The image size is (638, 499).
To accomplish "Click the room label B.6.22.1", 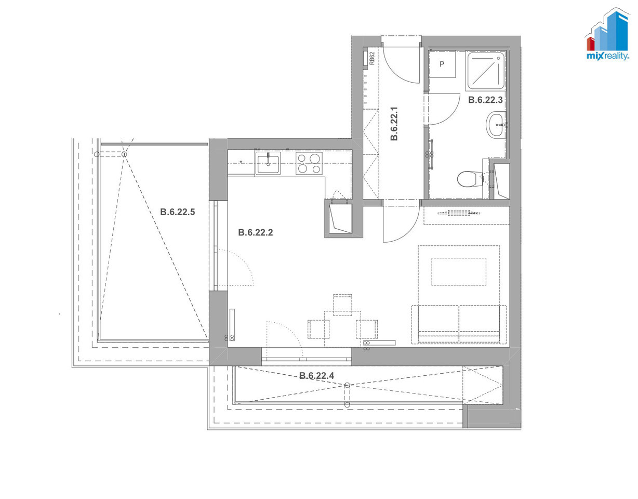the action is coord(394,124).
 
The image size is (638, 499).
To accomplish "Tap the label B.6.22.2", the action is coord(256,233).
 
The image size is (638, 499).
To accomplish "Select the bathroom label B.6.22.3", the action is coord(485,100).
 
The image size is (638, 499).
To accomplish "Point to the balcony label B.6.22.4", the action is coord(316,376).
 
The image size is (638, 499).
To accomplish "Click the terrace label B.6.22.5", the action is coord(177,212).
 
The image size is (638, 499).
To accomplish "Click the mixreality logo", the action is coord(607,35).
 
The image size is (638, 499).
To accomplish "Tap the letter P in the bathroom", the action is coord(442,64).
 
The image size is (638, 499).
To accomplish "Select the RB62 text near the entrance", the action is coord(372,58).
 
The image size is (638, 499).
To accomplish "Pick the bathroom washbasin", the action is coord(496,124).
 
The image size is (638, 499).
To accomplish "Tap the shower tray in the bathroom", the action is coord(486,71).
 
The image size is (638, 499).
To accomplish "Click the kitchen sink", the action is coord(268,164).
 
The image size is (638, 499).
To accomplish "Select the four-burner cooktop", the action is coord(309,163).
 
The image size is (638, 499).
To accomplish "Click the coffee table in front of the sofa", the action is coord(459,272).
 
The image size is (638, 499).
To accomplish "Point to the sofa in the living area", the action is coord(459,324).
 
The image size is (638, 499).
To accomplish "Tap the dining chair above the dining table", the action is coord(342,305).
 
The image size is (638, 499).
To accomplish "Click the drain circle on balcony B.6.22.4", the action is coord(348,385).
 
